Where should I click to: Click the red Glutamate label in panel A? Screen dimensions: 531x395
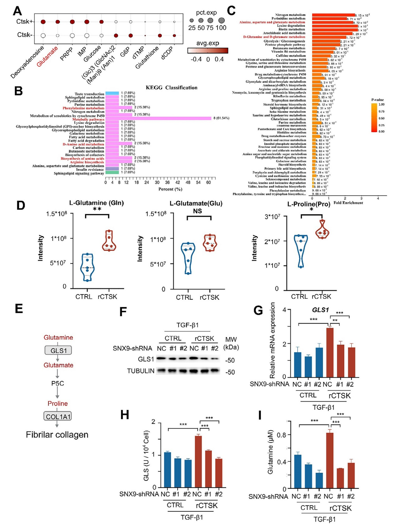tap(47, 56)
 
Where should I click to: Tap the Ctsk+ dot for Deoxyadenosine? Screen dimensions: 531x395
tap(43, 22)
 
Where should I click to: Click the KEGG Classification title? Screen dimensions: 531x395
tap(172, 88)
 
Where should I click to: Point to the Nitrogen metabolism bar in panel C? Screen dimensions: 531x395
tap(333, 15)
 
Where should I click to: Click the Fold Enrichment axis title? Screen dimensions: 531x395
tap(348, 203)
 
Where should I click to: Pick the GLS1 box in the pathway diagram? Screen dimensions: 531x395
tap(58, 350)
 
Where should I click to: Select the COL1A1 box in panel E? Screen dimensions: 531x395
tap(58, 416)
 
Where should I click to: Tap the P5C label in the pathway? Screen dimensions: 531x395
tap(58, 383)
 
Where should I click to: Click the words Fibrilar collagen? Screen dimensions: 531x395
tap(57, 435)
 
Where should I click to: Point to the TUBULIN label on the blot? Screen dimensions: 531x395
tap(140, 371)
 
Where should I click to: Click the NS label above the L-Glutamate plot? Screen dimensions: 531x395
tap(197, 211)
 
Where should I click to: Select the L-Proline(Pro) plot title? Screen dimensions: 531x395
tap(308, 204)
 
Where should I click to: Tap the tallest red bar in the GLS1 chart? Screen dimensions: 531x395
tap(330, 352)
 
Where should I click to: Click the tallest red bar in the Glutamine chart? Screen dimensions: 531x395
tap(330, 460)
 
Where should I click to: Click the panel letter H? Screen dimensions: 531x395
tap(125, 415)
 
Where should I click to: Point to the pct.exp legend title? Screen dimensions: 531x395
tap(206, 13)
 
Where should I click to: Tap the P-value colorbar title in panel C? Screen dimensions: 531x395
tap(378, 100)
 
